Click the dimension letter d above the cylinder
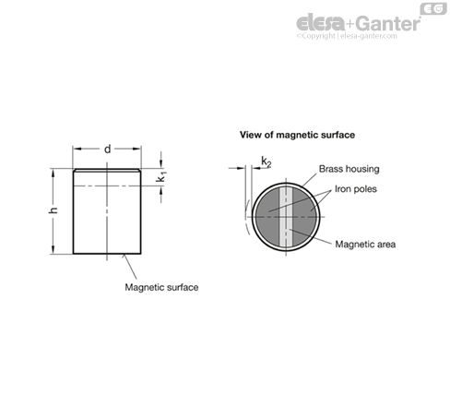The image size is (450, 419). click(x=107, y=150)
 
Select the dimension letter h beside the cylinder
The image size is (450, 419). click(x=53, y=210)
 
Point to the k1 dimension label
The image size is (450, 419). click(x=161, y=177)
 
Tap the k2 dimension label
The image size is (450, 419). click(x=266, y=162)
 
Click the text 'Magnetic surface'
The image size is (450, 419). click(x=161, y=287)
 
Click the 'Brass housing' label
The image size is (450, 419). click(x=349, y=169)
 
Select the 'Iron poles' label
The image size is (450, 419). click(x=356, y=189)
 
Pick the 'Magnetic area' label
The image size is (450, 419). click(x=365, y=245)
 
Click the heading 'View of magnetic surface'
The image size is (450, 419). click(x=297, y=135)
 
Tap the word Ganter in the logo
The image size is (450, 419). click(x=389, y=24)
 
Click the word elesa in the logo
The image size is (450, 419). click(x=320, y=23)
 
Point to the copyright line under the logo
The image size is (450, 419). click(x=347, y=36)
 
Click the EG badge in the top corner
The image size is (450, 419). click(x=433, y=9)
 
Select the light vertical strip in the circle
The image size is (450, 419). click(x=286, y=217)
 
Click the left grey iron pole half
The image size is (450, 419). click(x=267, y=217)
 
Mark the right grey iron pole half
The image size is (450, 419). click(x=304, y=217)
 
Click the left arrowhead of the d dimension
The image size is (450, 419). click(x=77, y=149)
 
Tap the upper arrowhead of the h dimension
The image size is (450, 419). click(x=53, y=174)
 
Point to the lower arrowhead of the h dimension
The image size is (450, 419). click(x=53, y=249)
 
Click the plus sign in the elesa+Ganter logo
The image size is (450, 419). click(x=350, y=24)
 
